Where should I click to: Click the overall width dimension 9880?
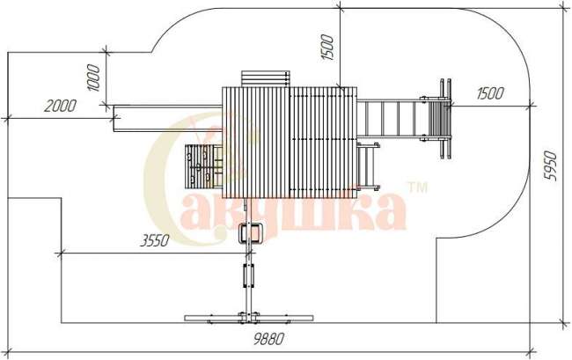pyautogui.click(x=268, y=339)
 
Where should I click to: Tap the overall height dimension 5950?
pyautogui.click(x=550, y=165)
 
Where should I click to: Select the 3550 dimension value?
pyautogui.click(x=155, y=240)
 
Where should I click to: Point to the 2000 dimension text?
pyautogui.click(x=60, y=106)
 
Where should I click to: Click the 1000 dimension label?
pyautogui.click(x=93, y=77)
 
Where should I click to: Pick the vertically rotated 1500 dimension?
pyautogui.click(x=326, y=47)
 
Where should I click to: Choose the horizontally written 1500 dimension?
pyautogui.click(x=490, y=93)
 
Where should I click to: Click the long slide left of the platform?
pyautogui.click(x=168, y=119)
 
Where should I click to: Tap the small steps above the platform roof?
pyautogui.click(x=265, y=79)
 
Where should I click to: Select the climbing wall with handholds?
pyautogui.click(x=204, y=166)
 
